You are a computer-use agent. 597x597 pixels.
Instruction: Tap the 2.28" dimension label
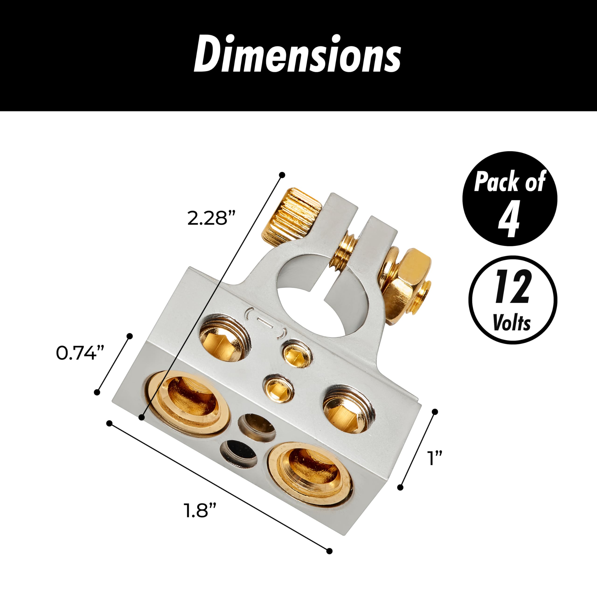tap(211, 218)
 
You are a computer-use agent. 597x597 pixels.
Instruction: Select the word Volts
tap(512, 323)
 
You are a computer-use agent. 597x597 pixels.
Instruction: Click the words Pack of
tap(509, 182)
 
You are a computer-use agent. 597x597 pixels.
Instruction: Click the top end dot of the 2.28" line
tap(281, 175)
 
